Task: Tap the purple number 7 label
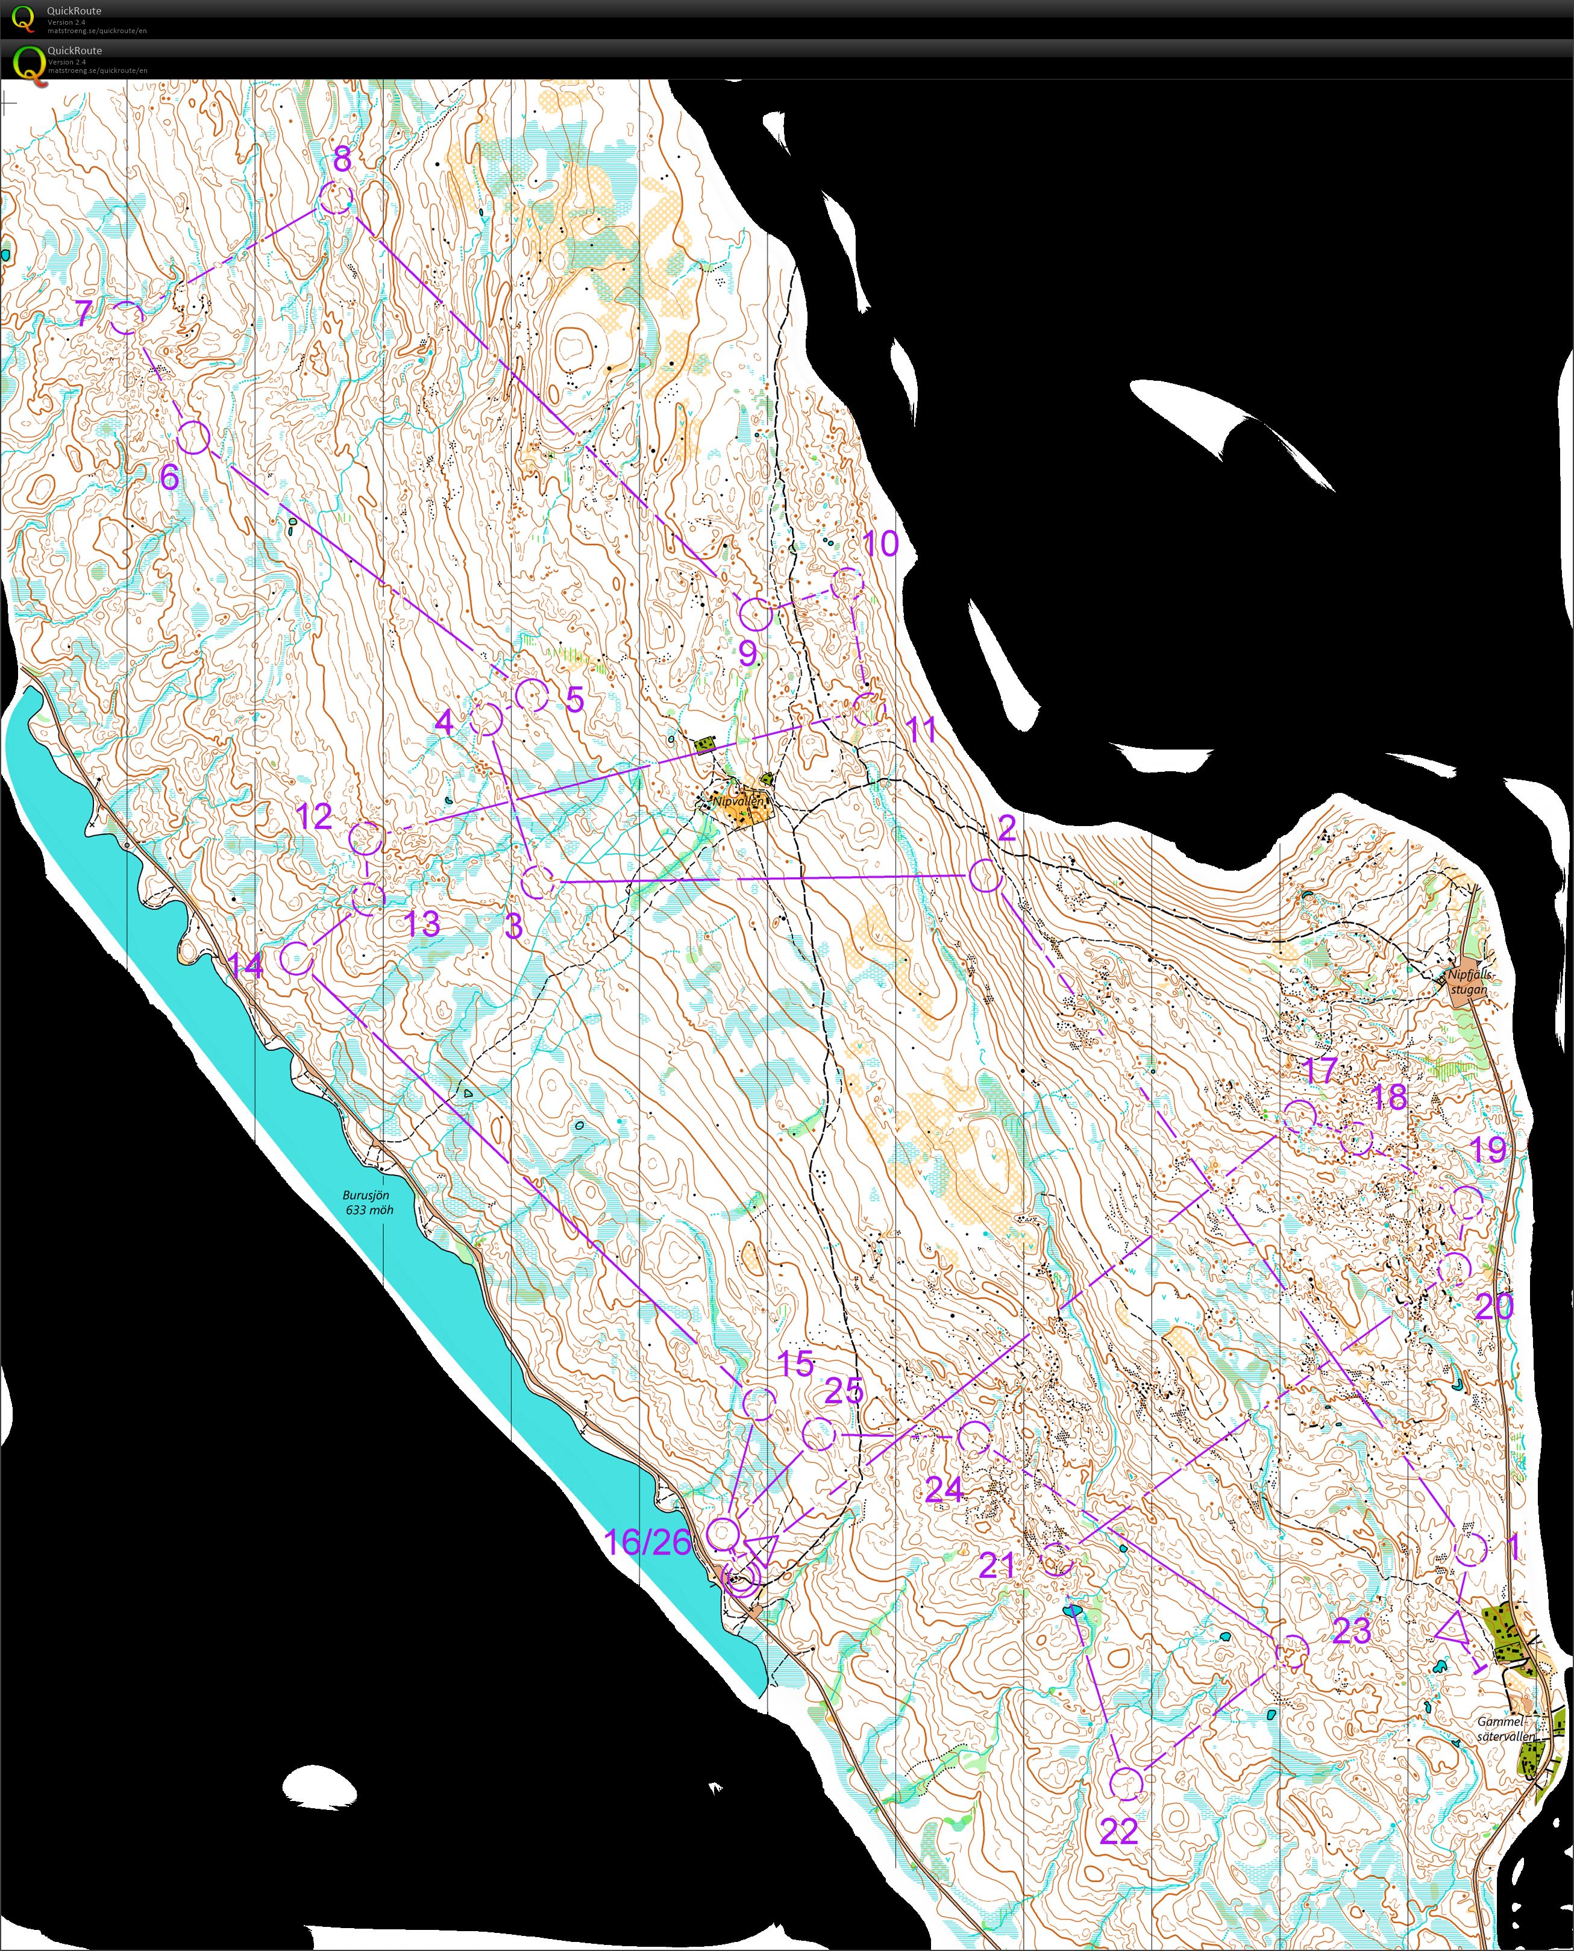point(83,314)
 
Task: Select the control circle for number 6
point(193,437)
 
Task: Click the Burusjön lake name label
point(367,1202)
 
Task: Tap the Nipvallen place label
point(738,801)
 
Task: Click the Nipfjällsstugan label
point(1469,981)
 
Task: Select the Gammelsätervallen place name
point(1506,1728)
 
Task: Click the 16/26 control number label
point(647,1541)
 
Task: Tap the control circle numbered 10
point(847,584)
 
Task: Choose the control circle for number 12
point(366,839)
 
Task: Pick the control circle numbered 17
point(1299,1116)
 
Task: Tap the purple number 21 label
point(997,1565)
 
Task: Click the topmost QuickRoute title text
point(74,11)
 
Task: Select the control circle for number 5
point(531,695)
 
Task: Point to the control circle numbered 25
point(819,1433)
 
